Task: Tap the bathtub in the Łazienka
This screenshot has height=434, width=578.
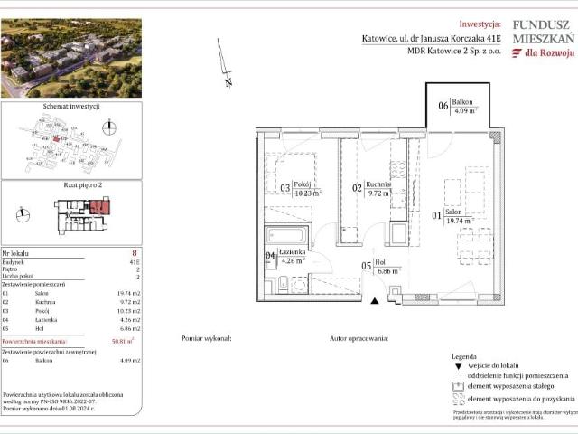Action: pyautogui.click(x=287, y=237)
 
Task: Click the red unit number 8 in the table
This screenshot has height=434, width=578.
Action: pyautogui.click(x=134, y=254)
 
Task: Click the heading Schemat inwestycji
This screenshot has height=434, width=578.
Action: pyautogui.click(x=70, y=106)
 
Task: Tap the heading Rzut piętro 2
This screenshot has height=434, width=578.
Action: pyautogui.click(x=71, y=185)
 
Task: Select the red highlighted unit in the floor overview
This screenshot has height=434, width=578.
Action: pyautogui.click(x=98, y=208)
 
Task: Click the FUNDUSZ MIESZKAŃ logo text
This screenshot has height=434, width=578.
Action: pyautogui.click(x=543, y=33)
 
